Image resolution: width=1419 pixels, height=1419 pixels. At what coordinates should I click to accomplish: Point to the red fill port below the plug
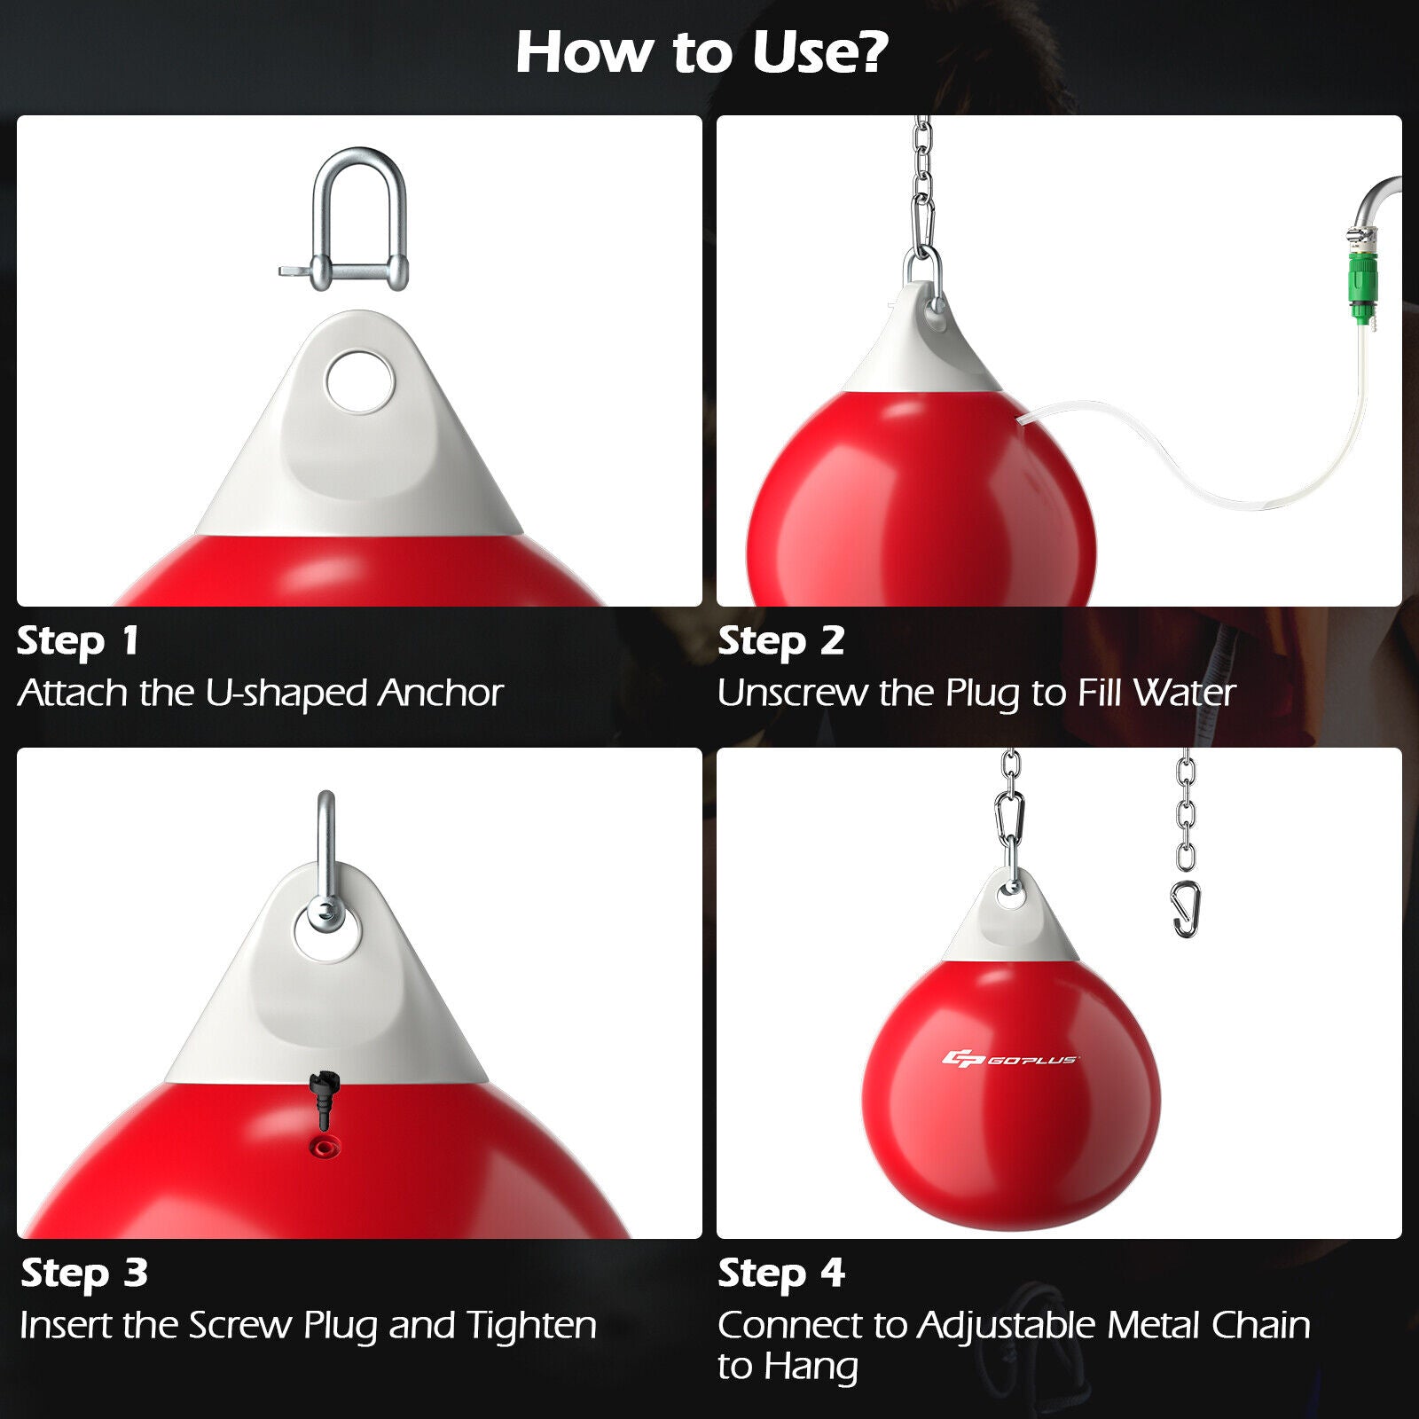323,1148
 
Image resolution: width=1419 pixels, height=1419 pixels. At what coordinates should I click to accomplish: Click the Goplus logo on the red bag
1009,1059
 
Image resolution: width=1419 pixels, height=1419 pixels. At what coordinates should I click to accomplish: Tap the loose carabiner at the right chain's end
1186,909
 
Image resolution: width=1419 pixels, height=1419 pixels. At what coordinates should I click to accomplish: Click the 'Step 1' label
78,641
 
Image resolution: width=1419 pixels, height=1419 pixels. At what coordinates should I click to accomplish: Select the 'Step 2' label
780,641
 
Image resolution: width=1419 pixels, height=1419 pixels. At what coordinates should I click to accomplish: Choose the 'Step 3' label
84,1274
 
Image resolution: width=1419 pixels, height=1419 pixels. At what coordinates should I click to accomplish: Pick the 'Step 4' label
780,1274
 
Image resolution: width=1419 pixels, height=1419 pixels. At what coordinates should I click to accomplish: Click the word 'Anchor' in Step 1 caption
440,693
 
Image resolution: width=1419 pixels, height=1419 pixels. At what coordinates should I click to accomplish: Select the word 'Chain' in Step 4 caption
1260,1325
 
